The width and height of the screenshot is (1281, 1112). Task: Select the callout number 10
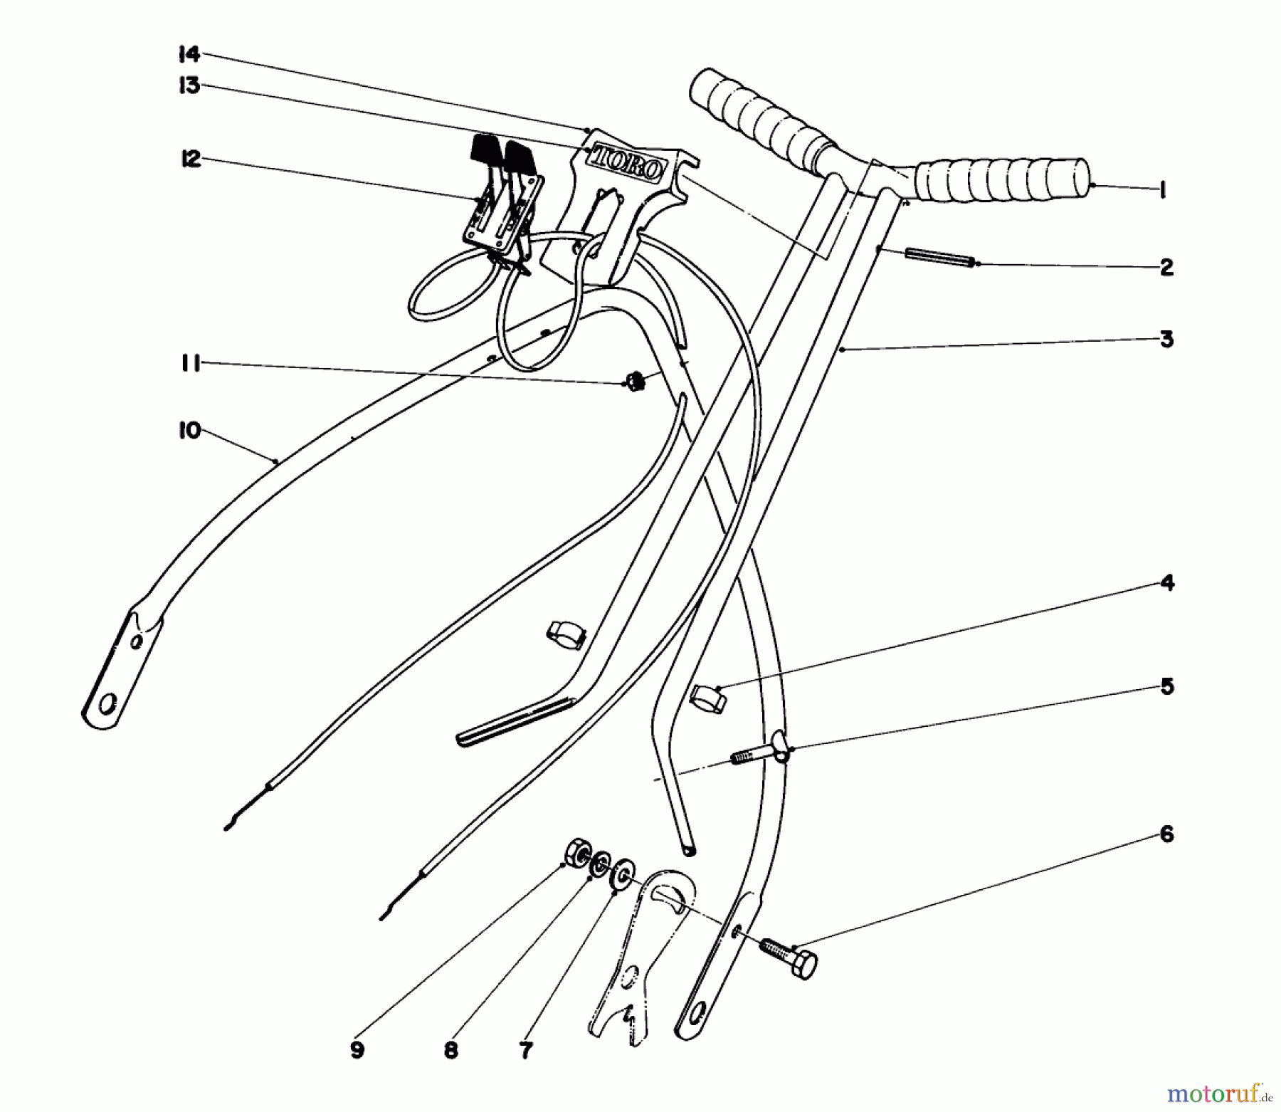[x=189, y=431]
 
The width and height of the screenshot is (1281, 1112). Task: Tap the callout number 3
[x=1166, y=339]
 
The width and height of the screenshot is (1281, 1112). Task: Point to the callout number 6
[x=1166, y=834]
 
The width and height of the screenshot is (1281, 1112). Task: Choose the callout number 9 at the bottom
[x=357, y=1050]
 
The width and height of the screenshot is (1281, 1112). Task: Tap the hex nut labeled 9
[x=576, y=851]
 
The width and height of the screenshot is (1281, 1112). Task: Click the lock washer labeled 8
[x=600, y=864]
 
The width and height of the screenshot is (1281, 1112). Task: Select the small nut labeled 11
[x=636, y=382]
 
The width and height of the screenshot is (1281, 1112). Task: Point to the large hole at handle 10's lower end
[x=108, y=706]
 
